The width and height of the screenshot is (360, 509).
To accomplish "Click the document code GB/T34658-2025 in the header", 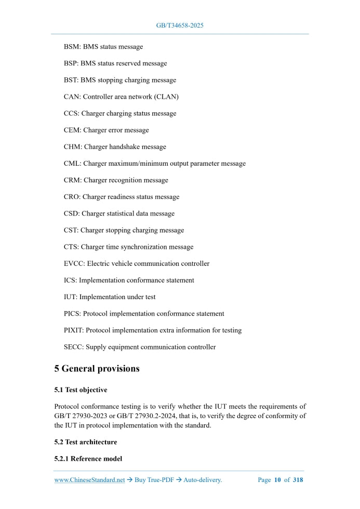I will tap(180, 25).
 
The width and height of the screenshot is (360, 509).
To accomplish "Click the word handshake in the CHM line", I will tap(126, 147).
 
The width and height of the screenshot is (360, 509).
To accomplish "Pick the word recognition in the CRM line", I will tap(125, 180).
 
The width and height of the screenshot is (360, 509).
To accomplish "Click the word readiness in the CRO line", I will tap(123, 197).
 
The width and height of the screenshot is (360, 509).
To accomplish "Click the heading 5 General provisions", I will tap(97, 369).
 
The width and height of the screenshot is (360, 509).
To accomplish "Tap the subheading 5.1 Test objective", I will tap(81, 390).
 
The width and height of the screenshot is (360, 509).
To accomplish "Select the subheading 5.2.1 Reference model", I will tap(88, 459).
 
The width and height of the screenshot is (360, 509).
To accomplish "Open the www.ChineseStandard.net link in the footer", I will tap(89, 480).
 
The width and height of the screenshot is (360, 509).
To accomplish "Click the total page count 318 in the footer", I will tap(298, 480).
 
